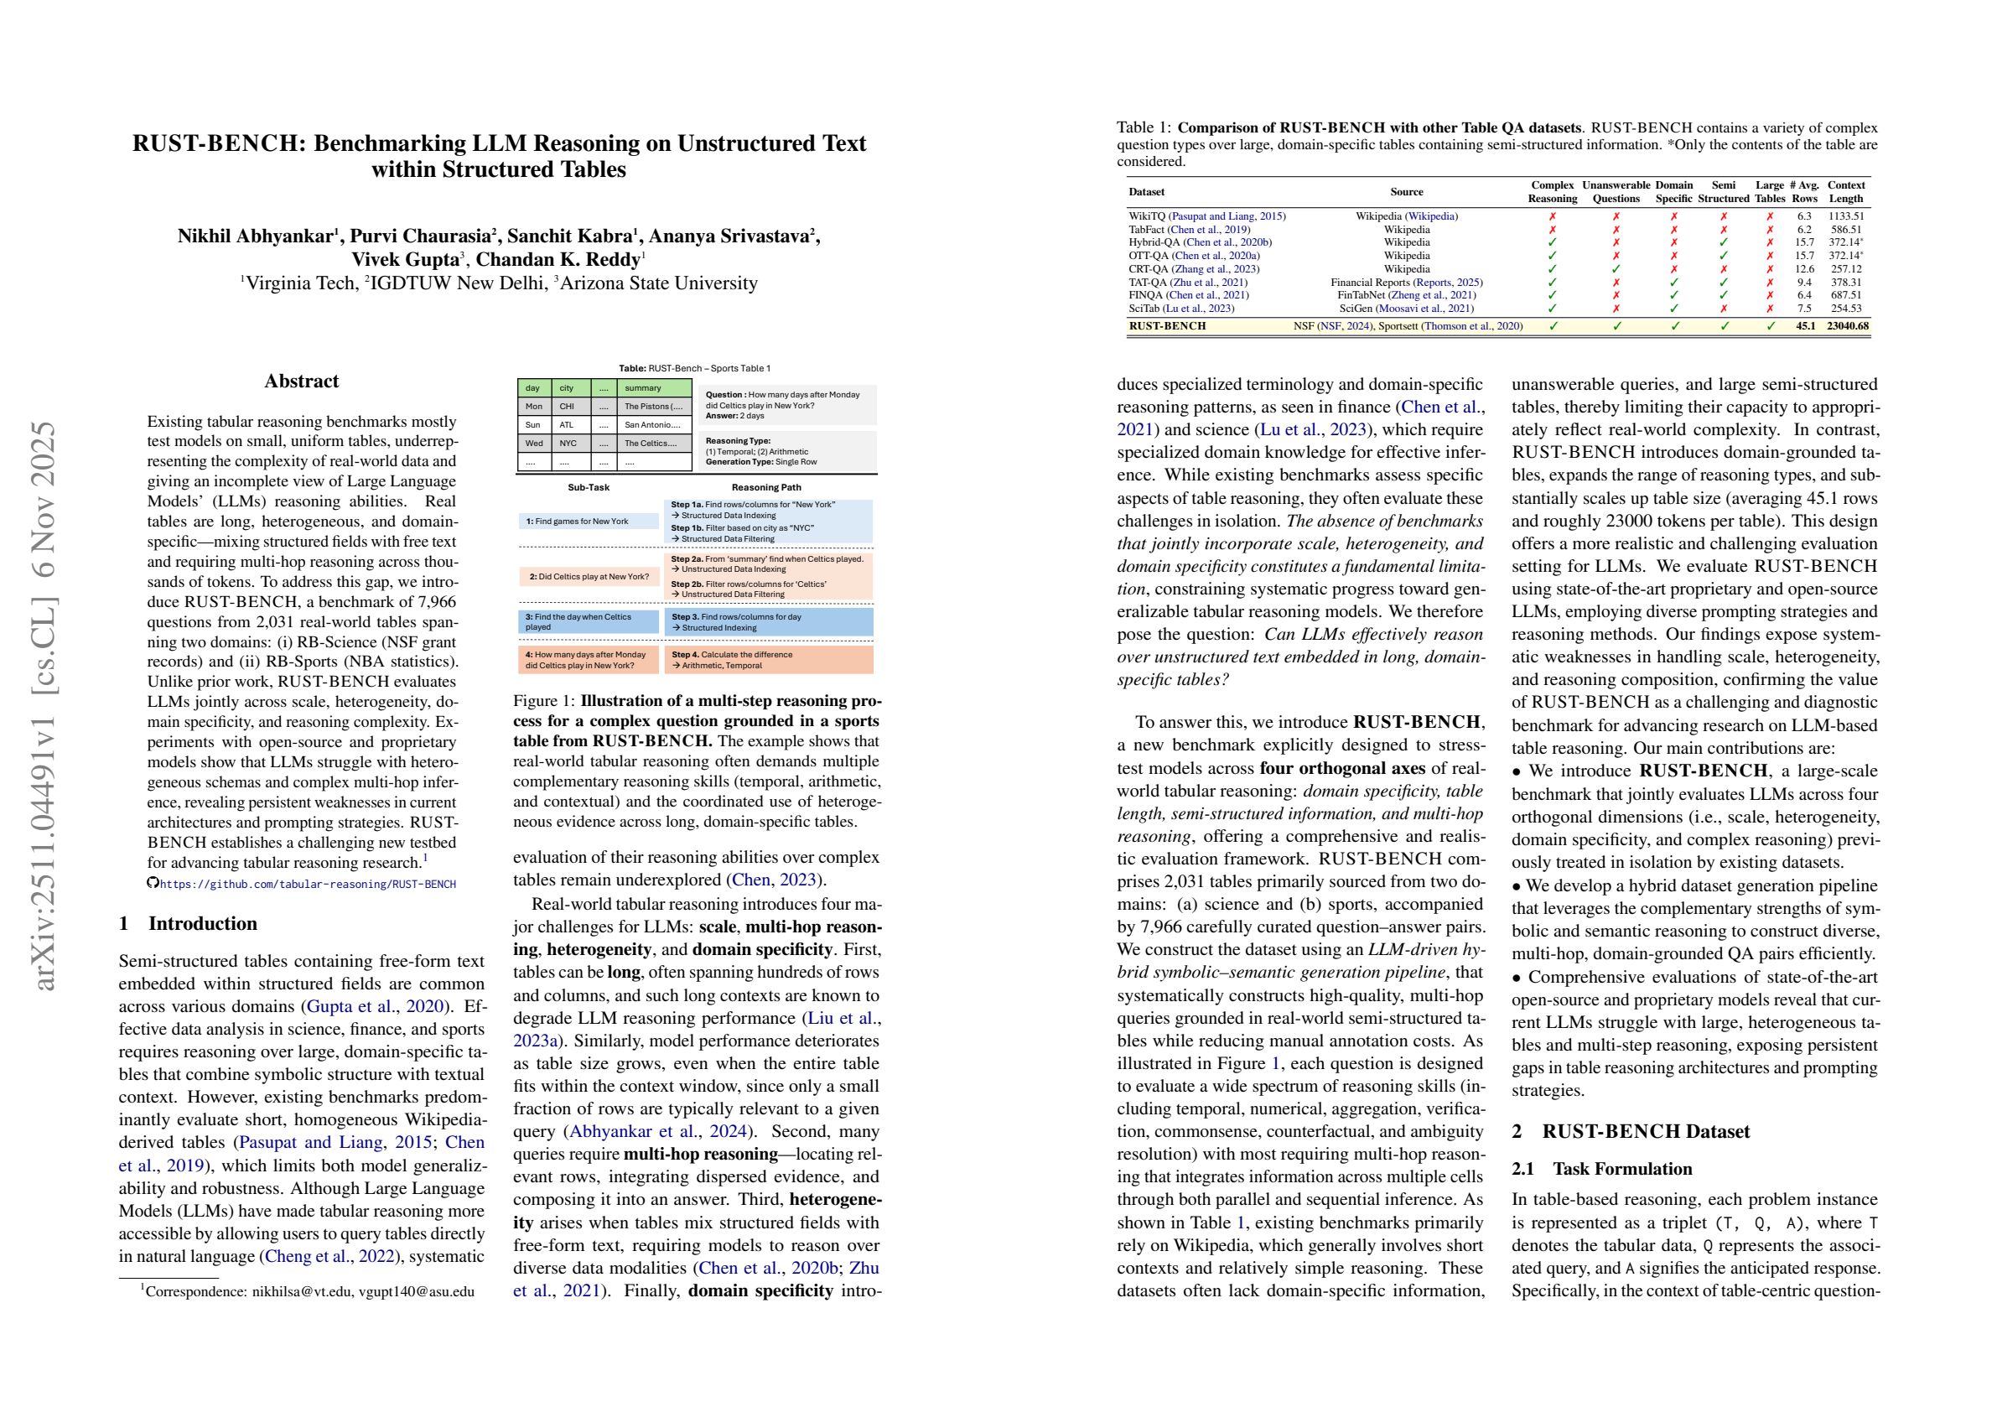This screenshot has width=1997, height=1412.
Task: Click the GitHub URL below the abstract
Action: tap(307, 884)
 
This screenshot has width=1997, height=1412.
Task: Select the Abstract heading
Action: tap(301, 381)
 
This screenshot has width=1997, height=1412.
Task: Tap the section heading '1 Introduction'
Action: tap(188, 923)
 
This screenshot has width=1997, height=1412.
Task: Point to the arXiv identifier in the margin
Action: tap(44, 704)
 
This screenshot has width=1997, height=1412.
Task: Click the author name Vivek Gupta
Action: tap(405, 259)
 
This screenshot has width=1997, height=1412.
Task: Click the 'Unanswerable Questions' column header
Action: tap(1616, 191)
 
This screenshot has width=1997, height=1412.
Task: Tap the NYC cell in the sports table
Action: tap(568, 444)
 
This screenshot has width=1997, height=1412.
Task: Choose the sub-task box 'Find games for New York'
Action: tap(588, 522)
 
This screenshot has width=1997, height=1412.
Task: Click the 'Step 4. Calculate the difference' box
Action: tap(768, 659)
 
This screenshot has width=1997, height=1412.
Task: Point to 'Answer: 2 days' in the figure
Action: tap(735, 416)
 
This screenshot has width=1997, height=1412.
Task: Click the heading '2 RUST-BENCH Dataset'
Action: tap(1631, 1131)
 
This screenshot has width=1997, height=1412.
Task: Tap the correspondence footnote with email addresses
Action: tap(308, 1291)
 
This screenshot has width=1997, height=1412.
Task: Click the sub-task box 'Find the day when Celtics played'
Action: tap(588, 621)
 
